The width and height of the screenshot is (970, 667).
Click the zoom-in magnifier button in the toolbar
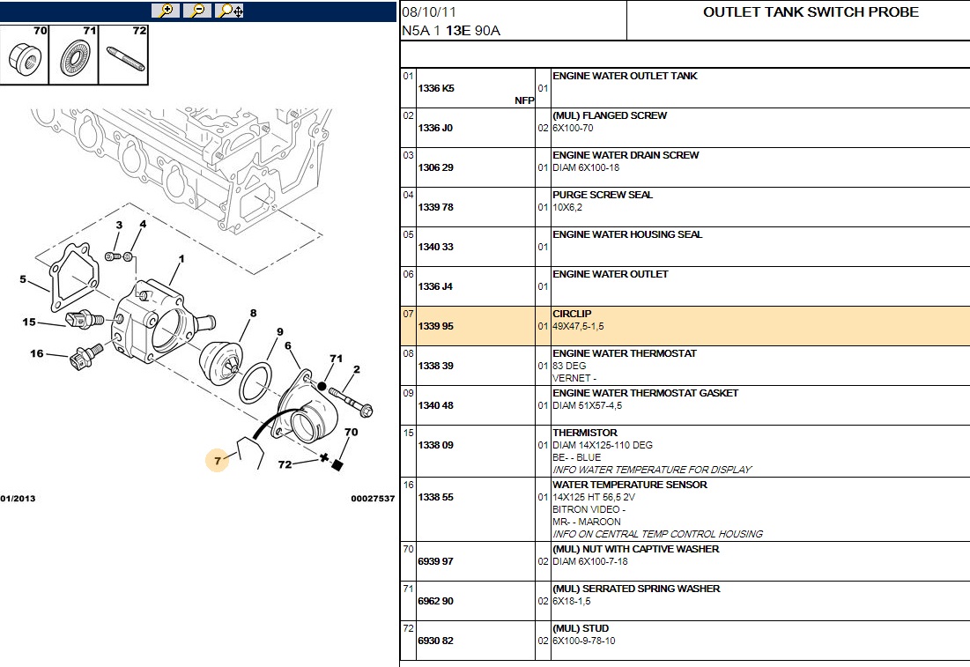pos(165,11)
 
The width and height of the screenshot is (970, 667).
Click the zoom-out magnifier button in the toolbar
pos(197,11)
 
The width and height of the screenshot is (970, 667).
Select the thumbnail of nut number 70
pos(25,55)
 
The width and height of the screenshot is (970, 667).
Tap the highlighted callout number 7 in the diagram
pos(217,460)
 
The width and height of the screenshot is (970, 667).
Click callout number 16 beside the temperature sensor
pos(36,354)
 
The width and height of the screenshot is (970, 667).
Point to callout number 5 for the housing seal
pos(23,280)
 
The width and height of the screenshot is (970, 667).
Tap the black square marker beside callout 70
pos(336,465)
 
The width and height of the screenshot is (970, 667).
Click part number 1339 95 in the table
pos(435,327)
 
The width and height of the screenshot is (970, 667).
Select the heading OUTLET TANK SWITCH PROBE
pos(811,12)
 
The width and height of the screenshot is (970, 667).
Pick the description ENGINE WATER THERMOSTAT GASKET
pos(645,393)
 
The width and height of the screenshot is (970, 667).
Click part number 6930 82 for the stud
pos(435,641)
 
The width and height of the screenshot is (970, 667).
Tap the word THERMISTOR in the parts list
pos(585,433)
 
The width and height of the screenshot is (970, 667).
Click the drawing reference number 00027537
pos(373,499)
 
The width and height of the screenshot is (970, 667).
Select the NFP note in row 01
pos(524,100)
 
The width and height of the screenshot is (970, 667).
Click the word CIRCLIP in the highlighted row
pos(572,314)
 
